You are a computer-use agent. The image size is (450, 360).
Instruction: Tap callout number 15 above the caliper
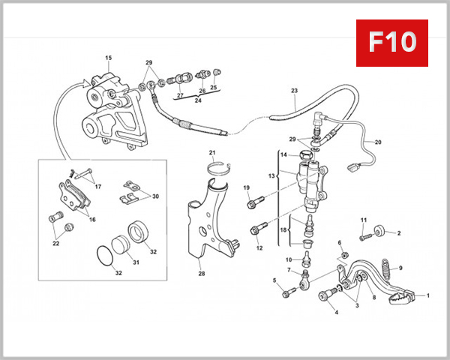pyautogui.click(x=108, y=58)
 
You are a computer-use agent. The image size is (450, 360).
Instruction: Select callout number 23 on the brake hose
pyautogui.click(x=294, y=91)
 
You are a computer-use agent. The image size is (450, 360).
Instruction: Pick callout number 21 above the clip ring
pyautogui.click(x=211, y=154)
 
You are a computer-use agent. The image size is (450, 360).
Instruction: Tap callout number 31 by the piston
pyautogui.click(x=136, y=262)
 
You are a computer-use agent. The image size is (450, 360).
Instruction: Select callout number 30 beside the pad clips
pyautogui.click(x=155, y=196)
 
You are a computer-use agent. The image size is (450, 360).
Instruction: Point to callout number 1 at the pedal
pyautogui.click(x=428, y=296)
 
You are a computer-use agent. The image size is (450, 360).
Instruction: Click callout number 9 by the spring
pyautogui.click(x=400, y=268)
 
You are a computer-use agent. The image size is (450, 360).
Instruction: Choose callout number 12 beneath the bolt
pyautogui.click(x=259, y=247)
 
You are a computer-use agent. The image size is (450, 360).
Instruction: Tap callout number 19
pyautogui.click(x=245, y=187)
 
